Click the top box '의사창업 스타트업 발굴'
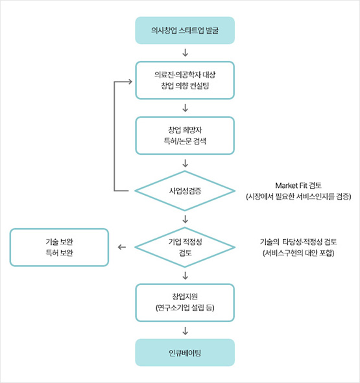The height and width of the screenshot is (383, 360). [185, 30]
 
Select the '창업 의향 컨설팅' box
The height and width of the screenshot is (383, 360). [185, 80]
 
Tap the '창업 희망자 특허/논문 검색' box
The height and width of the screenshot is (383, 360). [185, 135]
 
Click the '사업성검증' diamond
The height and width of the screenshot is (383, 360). [185, 191]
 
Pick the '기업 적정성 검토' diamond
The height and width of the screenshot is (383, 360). [185, 247]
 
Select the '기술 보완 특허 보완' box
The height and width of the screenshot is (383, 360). [59, 247]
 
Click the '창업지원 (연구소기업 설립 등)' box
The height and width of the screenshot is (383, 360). [185, 303]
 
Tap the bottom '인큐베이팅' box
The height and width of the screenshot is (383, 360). [185, 353]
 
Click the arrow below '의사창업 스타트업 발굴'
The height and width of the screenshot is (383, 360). [185, 52]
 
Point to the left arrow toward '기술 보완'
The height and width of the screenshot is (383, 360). [122, 247]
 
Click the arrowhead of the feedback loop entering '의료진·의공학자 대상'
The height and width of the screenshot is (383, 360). [130, 82]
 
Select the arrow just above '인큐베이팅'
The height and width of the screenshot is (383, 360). [185, 331]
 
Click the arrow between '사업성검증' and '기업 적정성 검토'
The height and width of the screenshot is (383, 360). [185, 219]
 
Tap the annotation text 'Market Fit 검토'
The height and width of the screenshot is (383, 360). [298, 185]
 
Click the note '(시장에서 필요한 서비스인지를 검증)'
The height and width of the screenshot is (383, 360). [298, 196]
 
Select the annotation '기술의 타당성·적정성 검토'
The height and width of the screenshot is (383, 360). [298, 242]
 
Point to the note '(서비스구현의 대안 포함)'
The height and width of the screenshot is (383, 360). [298, 253]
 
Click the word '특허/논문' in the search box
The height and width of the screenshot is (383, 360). [178, 141]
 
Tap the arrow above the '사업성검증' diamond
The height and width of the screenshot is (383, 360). [185, 163]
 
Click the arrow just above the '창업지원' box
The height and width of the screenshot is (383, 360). [185, 275]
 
